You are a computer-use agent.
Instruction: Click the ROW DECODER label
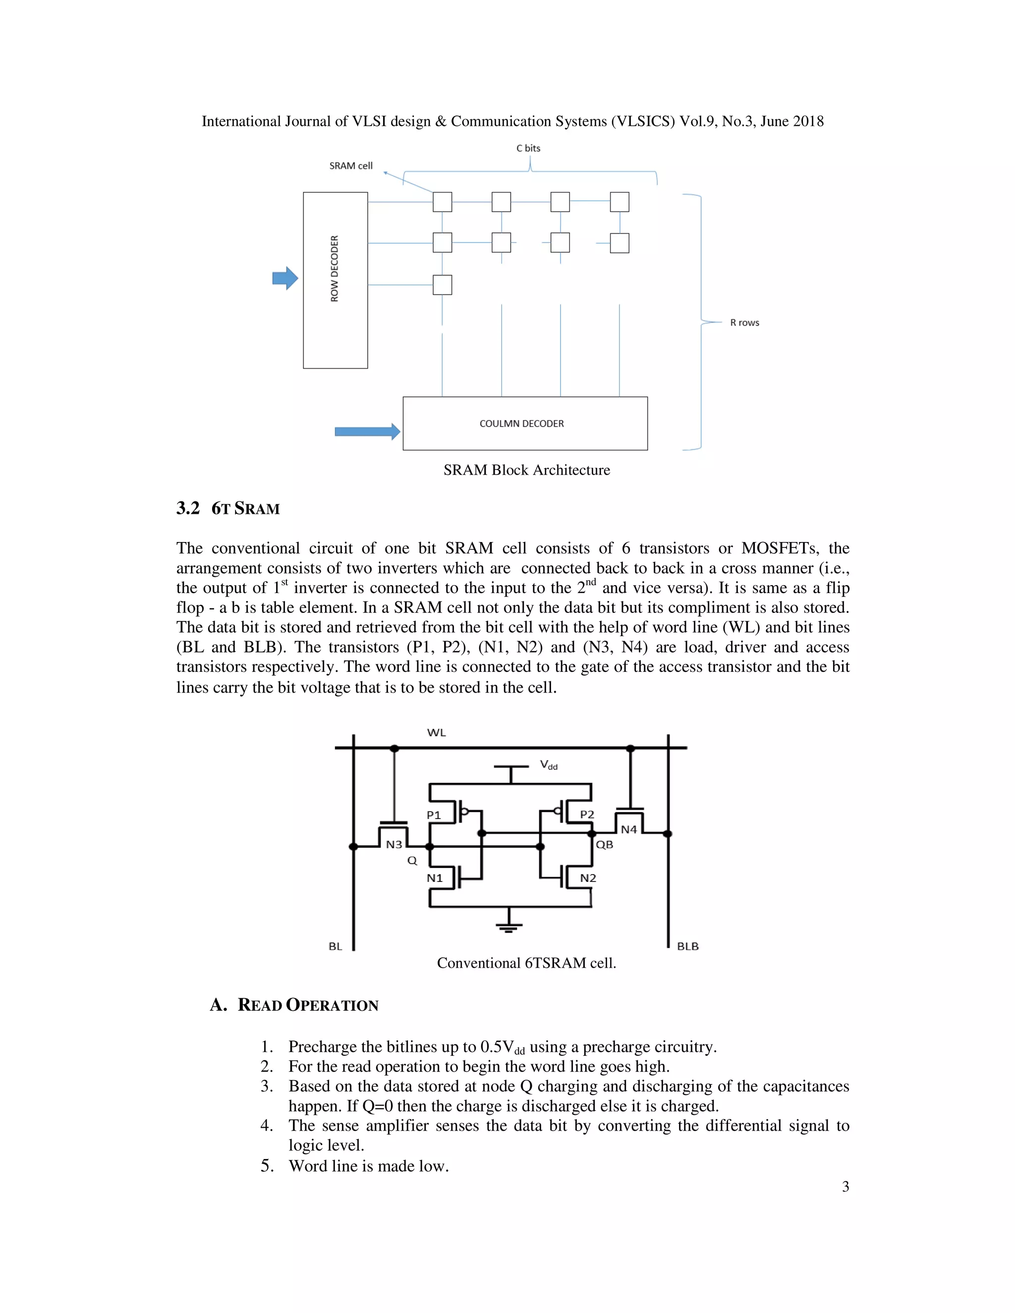[x=335, y=268]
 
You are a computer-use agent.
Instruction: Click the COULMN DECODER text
[x=521, y=424]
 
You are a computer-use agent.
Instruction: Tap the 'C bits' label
[x=528, y=148]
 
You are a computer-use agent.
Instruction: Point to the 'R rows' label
[x=744, y=323]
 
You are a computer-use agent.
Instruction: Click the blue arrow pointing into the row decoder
[x=285, y=278]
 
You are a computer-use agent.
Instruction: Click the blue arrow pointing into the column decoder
[x=367, y=432]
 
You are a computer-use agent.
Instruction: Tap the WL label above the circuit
[x=437, y=732]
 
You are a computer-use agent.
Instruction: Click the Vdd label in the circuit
[x=549, y=766]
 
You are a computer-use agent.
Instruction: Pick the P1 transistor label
[x=434, y=815]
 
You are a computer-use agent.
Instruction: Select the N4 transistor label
[x=628, y=829]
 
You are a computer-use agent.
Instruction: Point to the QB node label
[x=604, y=845]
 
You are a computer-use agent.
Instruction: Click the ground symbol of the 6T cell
[x=508, y=927]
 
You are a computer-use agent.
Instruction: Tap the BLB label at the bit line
[x=687, y=946]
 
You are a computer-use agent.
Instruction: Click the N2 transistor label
[x=587, y=878]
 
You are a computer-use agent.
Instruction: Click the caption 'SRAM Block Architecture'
[x=526, y=470]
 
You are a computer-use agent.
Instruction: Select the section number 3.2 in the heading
[x=188, y=509]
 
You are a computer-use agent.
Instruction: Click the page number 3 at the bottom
[x=845, y=1186]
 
